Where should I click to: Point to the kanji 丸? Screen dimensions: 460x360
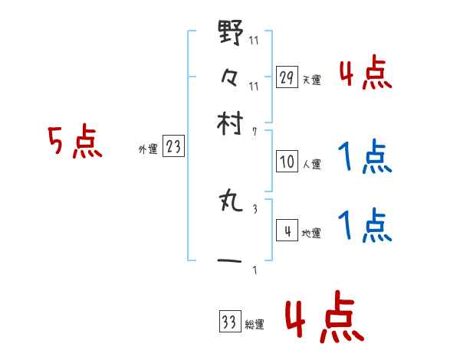pos(231,202)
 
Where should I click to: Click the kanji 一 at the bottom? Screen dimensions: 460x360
pos(231,262)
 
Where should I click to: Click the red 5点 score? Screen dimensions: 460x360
pos(74,142)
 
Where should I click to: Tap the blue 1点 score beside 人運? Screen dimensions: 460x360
pos(364,158)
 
